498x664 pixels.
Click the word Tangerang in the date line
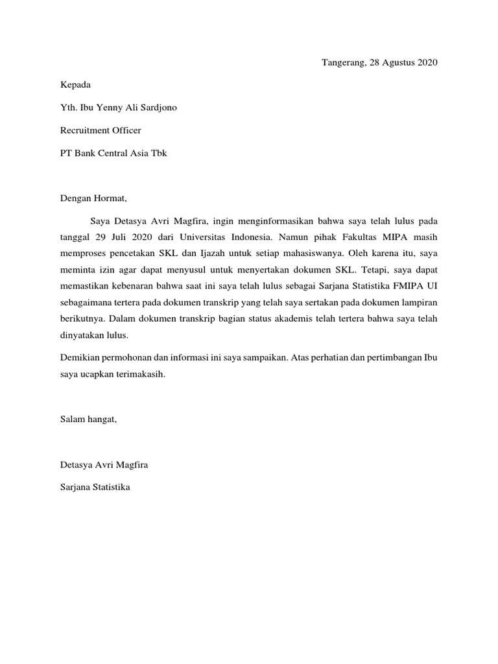(x=343, y=63)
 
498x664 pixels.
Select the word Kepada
(x=75, y=85)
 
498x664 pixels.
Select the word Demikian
(x=79, y=357)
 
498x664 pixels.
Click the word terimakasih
(x=134, y=374)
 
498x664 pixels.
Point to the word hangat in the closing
(x=101, y=420)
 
